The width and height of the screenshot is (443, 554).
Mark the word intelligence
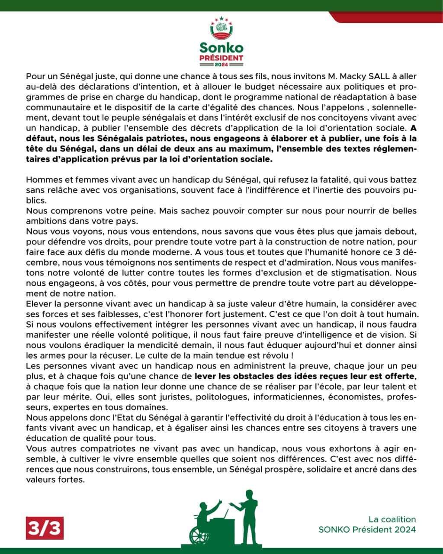[x=299, y=324]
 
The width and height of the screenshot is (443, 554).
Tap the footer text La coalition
[x=392, y=519]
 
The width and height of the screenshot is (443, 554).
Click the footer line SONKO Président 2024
[x=367, y=529]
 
